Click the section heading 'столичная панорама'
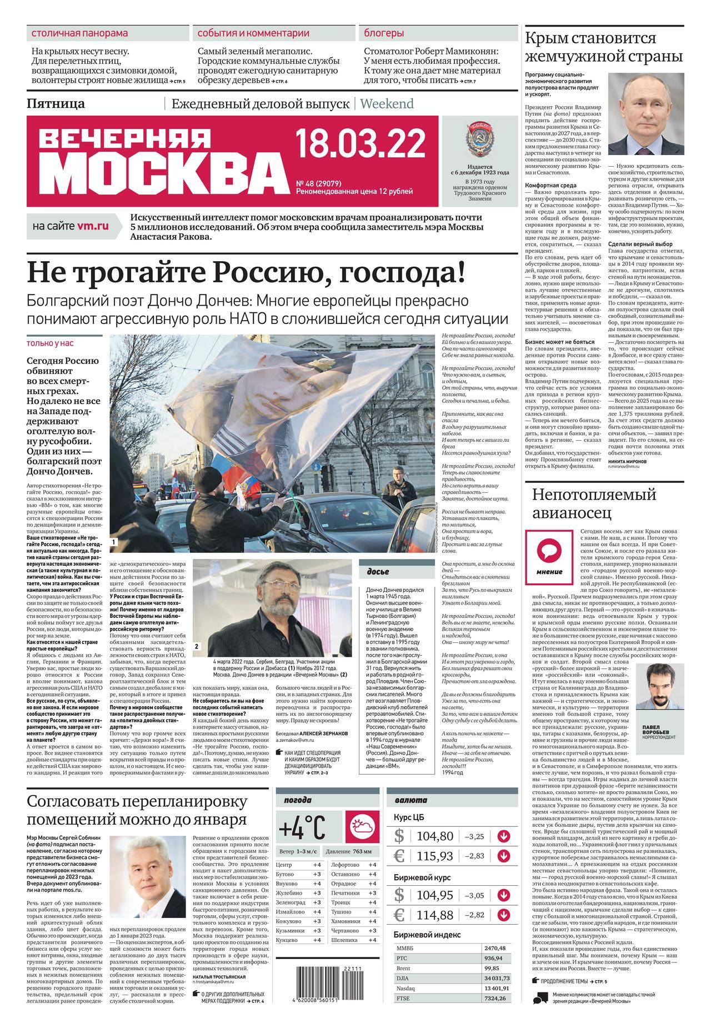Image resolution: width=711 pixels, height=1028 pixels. point(79,33)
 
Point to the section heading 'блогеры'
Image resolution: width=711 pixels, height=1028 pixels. point(384,33)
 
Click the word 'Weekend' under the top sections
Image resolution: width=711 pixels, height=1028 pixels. point(387,103)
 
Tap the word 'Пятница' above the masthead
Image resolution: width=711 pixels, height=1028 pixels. point(56,103)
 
